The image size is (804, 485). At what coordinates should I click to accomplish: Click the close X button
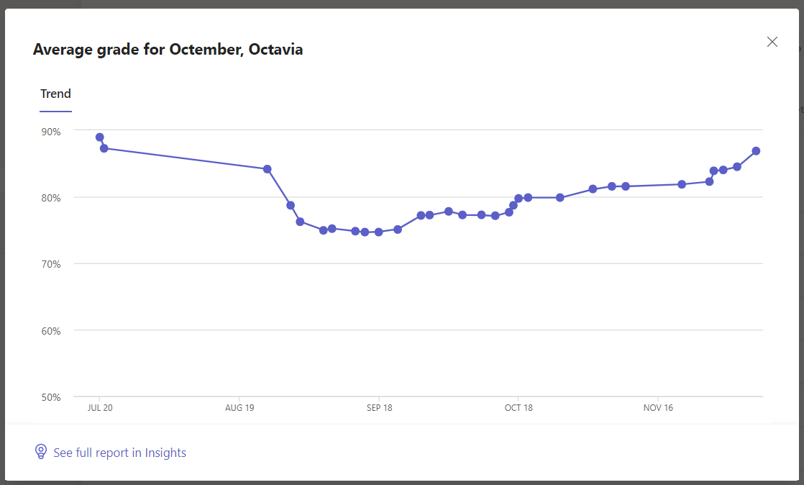772,42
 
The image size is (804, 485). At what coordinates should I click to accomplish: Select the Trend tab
55,94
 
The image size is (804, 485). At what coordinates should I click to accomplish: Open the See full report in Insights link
119,453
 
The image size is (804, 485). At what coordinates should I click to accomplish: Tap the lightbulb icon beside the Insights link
41,452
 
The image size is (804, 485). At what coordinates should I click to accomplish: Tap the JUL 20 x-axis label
99,408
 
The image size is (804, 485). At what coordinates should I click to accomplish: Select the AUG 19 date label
239,408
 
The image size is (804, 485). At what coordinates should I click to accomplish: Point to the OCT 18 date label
519,408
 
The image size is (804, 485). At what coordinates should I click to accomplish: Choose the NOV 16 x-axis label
658,408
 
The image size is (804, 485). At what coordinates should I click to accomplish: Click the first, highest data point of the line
100,137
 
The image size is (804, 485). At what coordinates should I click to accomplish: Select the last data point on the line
756,151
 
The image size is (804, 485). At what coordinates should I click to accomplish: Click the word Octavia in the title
275,50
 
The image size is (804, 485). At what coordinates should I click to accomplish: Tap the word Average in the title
60,50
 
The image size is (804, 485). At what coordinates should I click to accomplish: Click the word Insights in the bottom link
165,453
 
